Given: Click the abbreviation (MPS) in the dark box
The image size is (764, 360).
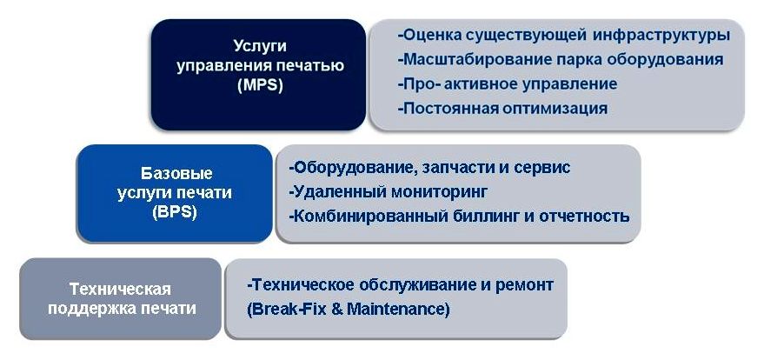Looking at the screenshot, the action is pos(260,85).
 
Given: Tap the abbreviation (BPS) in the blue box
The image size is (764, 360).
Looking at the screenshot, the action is pos(175,213).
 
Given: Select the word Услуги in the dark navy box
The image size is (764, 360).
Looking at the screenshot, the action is pos(260,46).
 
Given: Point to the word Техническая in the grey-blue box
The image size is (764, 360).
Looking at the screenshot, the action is pos(120,289).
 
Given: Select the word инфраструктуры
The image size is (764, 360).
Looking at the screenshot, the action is pos(661,36).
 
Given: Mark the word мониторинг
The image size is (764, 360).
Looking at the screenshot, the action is pos(440,191).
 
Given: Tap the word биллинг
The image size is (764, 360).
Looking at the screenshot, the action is pos(488,216).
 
